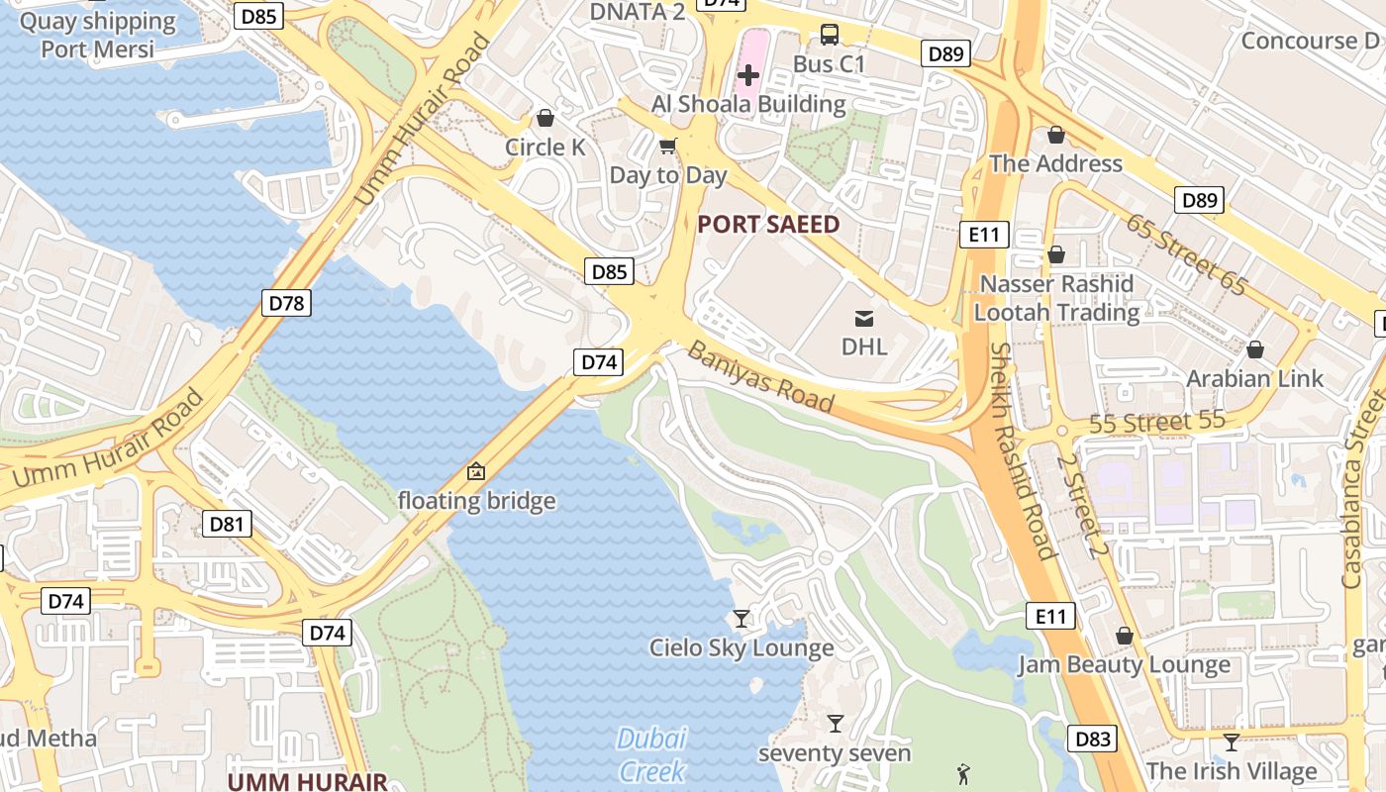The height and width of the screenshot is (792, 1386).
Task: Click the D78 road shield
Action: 286,303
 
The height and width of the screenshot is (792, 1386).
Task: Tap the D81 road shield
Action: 227,524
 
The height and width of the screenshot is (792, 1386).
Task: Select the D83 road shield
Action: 1092,739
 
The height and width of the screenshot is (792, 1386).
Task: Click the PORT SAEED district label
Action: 768,225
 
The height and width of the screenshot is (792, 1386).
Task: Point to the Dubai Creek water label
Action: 651,754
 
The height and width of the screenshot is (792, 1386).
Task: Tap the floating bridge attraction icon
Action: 476,471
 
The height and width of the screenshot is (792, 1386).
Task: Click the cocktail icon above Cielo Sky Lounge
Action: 741,619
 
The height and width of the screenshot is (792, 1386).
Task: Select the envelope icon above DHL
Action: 864,318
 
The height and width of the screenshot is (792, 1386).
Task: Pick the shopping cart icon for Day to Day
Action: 668,147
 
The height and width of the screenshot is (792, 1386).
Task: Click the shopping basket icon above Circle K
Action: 544,119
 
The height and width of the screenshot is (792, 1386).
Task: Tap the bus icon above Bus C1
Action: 830,35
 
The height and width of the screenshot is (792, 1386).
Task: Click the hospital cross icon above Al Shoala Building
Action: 748,74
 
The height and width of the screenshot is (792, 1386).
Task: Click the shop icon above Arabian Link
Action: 1255,349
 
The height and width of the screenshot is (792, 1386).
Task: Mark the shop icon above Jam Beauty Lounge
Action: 1124,635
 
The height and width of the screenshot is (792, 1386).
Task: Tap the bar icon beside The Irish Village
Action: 1232,742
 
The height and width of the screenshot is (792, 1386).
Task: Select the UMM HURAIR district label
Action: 307,781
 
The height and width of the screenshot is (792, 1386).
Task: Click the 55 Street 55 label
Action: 1157,422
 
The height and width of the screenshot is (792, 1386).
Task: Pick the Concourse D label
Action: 1309,41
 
